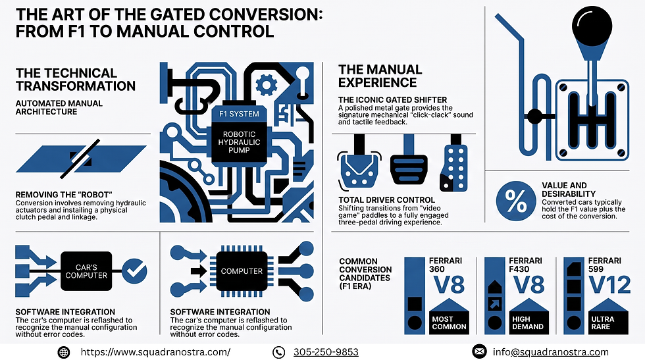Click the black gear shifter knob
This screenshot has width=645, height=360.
[x=592, y=26]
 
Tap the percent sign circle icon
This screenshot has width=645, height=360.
[x=516, y=201]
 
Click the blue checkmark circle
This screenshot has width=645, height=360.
[x=134, y=271]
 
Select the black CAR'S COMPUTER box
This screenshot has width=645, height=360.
[x=86, y=271]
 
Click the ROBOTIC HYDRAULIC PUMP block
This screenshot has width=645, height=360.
[x=239, y=142]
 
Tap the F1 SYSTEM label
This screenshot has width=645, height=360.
[x=239, y=114]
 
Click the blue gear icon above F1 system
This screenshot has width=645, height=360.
[x=266, y=85]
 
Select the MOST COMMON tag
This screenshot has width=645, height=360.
[x=449, y=322]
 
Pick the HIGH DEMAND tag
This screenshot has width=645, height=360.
[x=529, y=322]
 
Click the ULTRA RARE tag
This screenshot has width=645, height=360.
[x=608, y=322]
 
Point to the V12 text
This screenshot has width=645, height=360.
[x=609, y=285]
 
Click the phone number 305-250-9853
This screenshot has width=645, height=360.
[x=326, y=352]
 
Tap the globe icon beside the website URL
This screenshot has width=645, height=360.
[x=63, y=352]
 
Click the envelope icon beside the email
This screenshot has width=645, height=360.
[x=479, y=351]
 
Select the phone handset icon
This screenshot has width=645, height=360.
[x=278, y=352]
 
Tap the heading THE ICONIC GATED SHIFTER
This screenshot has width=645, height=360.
[x=392, y=99]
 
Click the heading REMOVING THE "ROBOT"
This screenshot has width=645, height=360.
[x=64, y=195]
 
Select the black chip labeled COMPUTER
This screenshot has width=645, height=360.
[x=242, y=271]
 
